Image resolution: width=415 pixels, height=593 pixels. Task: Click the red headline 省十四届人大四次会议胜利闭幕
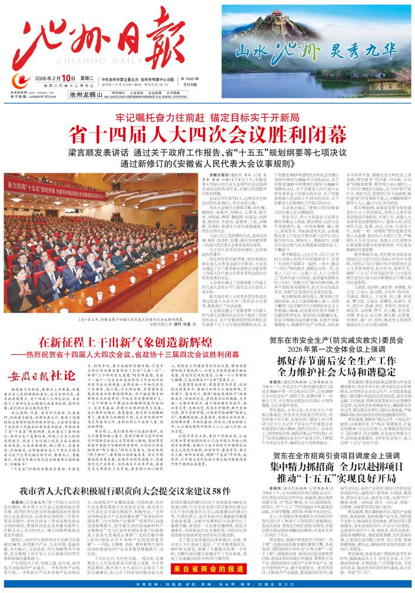[207, 131]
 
